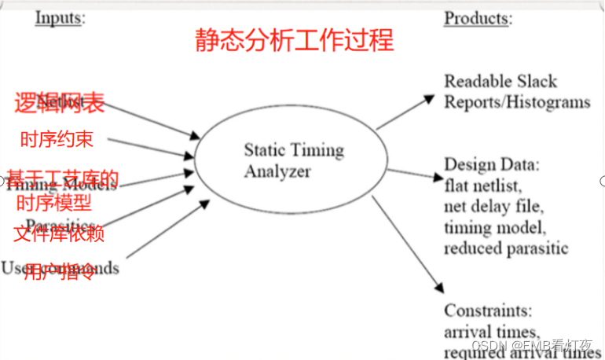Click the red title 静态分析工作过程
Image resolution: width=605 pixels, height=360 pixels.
(294, 40)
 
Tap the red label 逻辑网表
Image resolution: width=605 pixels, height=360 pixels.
(59, 103)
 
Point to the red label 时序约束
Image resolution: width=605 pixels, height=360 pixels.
(56, 140)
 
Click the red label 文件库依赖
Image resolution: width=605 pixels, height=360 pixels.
(59, 234)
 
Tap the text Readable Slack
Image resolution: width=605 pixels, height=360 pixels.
(500, 81)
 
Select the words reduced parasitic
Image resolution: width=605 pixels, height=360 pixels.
(506, 248)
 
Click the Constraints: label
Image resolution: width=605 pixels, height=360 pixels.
(489, 310)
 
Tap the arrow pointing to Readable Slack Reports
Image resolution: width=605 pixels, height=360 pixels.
(405, 112)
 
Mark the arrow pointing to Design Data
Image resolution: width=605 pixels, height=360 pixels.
(413, 174)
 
